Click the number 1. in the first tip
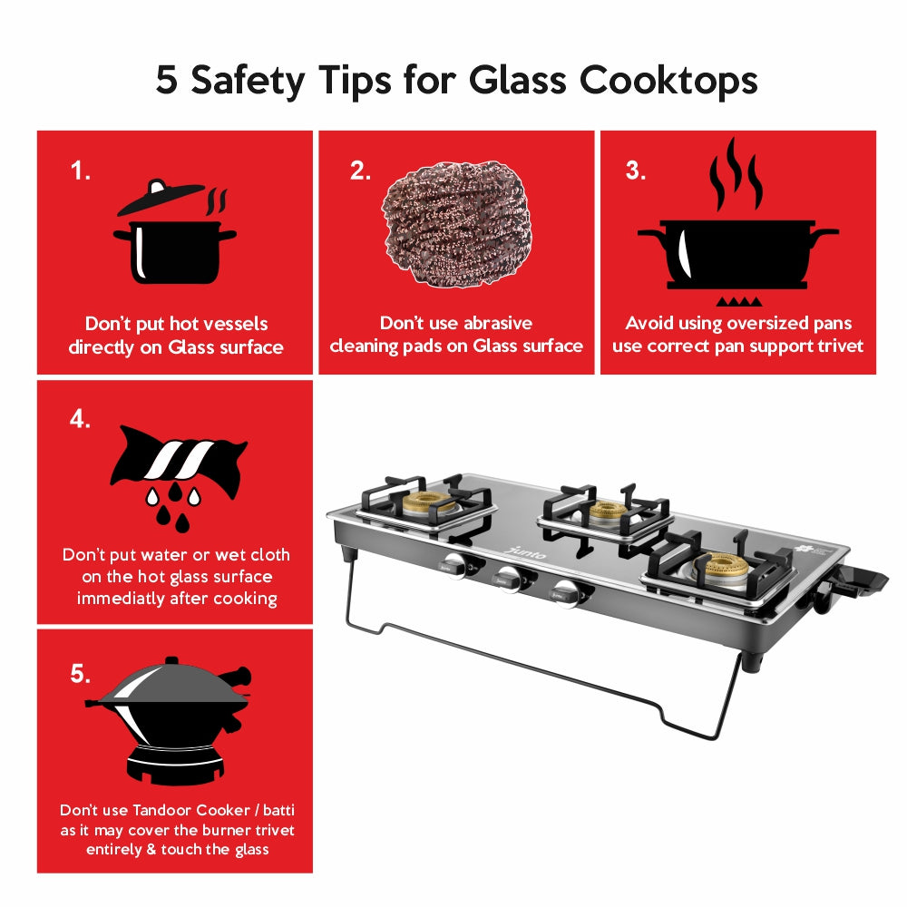tap(81, 171)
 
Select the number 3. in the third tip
tap(636, 171)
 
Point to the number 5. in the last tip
tap(81, 673)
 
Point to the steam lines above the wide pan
tap(736, 174)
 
